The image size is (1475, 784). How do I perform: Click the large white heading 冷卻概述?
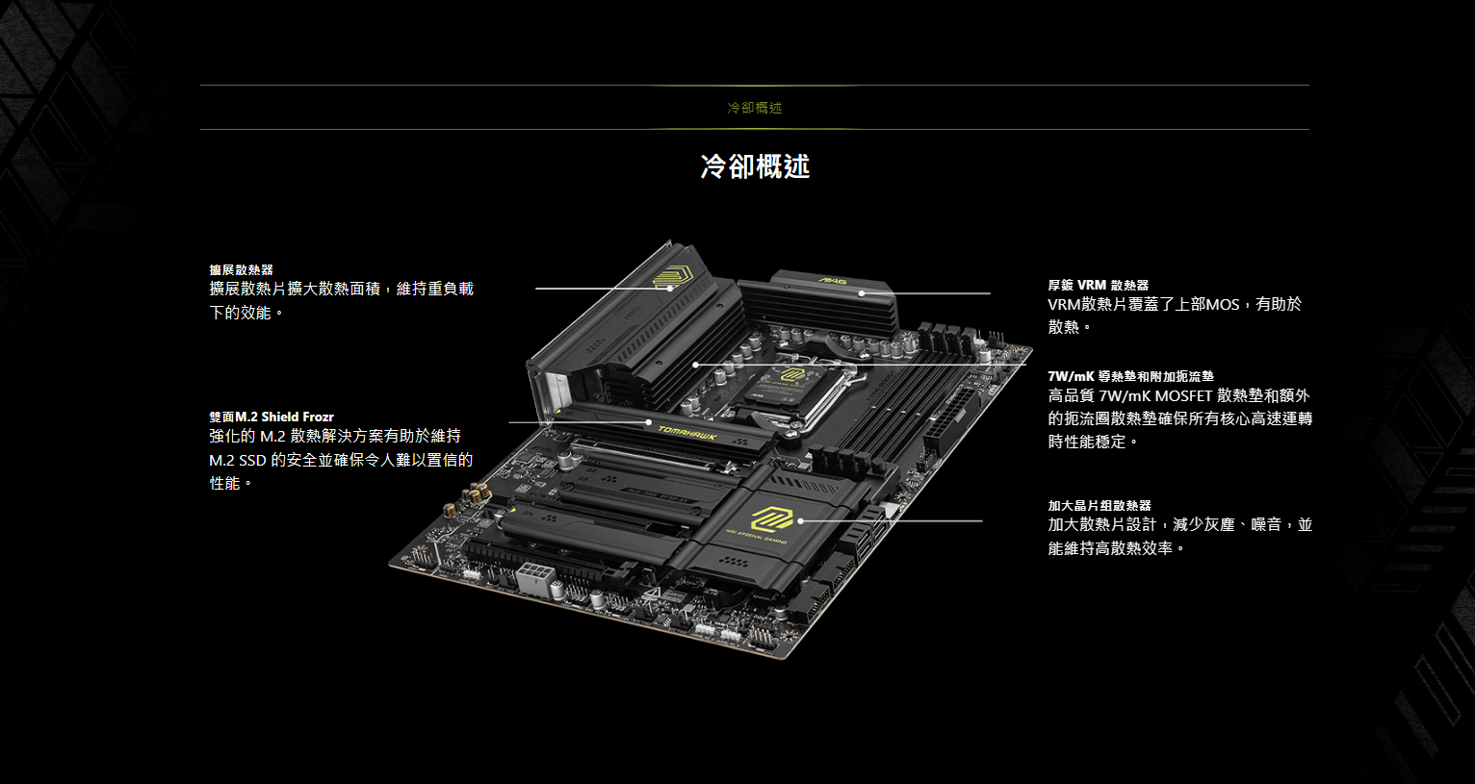[755, 165]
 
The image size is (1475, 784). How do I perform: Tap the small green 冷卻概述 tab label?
[755, 108]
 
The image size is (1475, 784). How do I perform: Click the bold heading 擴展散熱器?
[241, 269]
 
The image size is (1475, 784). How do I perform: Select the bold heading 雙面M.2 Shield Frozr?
[272, 417]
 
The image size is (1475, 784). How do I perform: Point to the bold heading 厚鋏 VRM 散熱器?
[1099, 285]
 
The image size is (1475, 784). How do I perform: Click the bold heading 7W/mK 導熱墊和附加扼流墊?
[1130, 376]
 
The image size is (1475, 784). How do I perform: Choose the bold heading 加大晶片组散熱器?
[1100, 505]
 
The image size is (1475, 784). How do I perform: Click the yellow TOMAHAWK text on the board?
[687, 433]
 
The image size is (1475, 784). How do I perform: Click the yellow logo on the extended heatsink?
[671, 276]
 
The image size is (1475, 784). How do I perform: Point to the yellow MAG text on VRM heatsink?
[833, 281]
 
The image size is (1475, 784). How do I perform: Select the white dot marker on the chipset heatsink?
[801, 521]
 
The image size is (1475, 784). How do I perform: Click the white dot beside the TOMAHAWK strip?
[649, 422]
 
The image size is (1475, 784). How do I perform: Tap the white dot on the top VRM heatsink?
[862, 293]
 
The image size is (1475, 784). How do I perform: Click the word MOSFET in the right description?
[1183, 396]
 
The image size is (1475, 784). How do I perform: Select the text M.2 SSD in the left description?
[238, 461]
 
